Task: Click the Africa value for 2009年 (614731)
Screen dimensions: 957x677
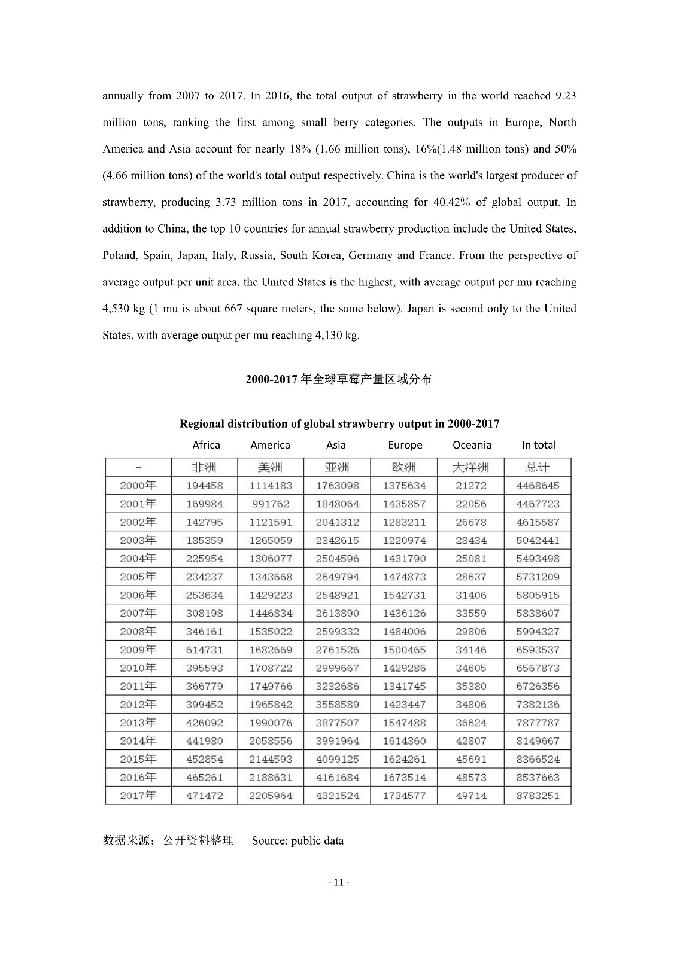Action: pyautogui.click(x=205, y=650)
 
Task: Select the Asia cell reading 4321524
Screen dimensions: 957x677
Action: pyautogui.click(x=338, y=796)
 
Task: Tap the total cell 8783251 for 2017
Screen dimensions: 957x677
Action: pyautogui.click(x=538, y=796)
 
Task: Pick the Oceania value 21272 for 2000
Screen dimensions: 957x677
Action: pyautogui.click(x=471, y=486)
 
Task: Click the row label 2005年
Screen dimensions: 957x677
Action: pyautogui.click(x=138, y=577)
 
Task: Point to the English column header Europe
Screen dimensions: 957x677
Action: pyautogui.click(x=405, y=445)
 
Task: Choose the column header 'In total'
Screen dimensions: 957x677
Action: pyautogui.click(x=539, y=445)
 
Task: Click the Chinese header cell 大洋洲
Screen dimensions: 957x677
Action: pyautogui.click(x=471, y=467)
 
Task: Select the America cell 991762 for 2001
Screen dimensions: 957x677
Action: pyautogui.click(x=271, y=504)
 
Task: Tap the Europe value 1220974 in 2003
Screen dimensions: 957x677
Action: pyautogui.click(x=405, y=540)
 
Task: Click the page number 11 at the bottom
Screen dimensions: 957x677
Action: pyautogui.click(x=339, y=882)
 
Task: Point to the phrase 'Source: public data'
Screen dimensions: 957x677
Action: pyautogui.click(x=297, y=840)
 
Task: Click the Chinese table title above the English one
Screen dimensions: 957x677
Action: pyautogui.click(x=339, y=379)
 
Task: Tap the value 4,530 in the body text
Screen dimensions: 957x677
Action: pyautogui.click(x=117, y=309)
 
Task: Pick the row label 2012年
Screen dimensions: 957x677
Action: pyautogui.click(x=138, y=704)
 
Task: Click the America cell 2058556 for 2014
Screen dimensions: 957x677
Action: pyautogui.click(x=271, y=740)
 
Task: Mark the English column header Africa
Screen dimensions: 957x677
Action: pyautogui.click(x=206, y=445)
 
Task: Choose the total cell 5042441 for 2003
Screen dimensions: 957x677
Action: pyautogui.click(x=538, y=540)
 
